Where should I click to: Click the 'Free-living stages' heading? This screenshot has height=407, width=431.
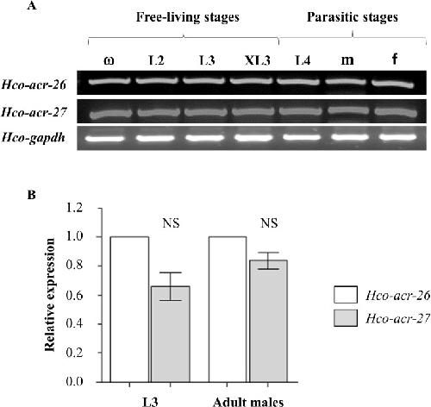click(x=188, y=18)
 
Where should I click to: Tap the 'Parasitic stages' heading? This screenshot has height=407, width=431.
click(x=353, y=17)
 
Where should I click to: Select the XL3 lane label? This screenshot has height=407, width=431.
click(x=258, y=60)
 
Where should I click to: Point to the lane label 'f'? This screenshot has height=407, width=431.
click(x=395, y=59)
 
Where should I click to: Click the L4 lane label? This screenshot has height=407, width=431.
click(x=303, y=60)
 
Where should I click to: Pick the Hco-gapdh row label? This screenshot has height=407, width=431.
click(x=34, y=138)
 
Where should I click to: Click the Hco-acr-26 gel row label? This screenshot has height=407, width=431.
click(x=34, y=85)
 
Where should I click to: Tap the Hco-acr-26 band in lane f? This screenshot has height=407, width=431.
click(x=393, y=84)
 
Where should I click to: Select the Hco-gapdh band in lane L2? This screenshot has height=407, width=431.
click(x=155, y=138)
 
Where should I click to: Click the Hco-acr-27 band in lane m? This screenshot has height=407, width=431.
click(x=347, y=110)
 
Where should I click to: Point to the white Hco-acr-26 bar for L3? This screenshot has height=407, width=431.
click(x=129, y=310)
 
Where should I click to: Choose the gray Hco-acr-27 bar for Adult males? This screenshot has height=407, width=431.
click(x=268, y=321)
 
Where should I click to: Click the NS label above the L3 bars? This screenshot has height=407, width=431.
click(x=171, y=223)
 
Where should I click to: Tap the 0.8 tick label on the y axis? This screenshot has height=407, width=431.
click(x=74, y=266)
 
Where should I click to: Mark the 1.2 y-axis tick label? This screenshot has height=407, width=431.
click(x=74, y=208)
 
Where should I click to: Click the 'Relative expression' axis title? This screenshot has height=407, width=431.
click(x=50, y=294)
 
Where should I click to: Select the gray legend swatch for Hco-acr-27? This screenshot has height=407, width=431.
click(x=346, y=318)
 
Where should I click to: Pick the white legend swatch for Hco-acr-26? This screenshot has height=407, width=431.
click(x=346, y=295)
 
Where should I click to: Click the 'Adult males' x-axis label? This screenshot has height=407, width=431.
click(x=248, y=402)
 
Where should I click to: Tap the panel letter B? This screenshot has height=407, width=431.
click(x=31, y=195)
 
